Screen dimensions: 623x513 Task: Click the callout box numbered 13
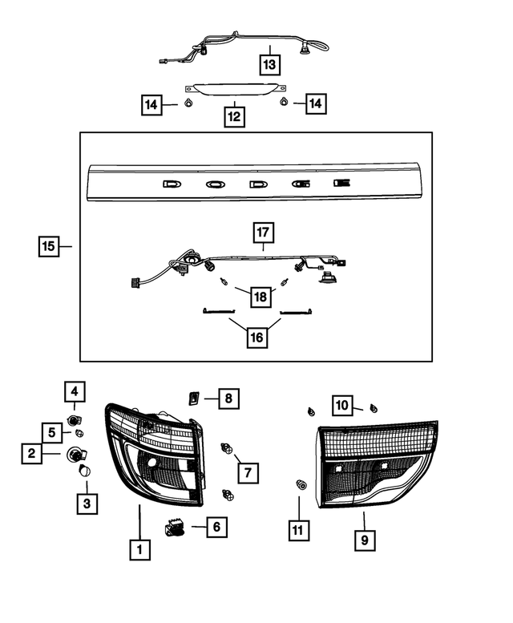click(270, 63)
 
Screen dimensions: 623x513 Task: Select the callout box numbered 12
click(234, 116)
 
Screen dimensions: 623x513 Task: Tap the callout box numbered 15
click(50, 246)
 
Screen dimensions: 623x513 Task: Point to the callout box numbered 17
click(264, 233)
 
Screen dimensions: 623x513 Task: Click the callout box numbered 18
click(259, 297)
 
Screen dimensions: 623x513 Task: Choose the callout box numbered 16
click(256, 338)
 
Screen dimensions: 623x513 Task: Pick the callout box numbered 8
click(228, 397)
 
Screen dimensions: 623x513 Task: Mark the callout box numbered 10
click(342, 407)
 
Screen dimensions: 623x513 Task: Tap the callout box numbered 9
click(364, 540)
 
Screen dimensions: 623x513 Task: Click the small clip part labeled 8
click(193, 396)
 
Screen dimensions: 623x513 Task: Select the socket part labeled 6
click(175, 528)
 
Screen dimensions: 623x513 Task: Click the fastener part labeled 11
click(301, 484)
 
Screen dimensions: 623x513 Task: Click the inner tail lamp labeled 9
click(377, 465)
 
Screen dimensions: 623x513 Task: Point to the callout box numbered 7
click(248, 472)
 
